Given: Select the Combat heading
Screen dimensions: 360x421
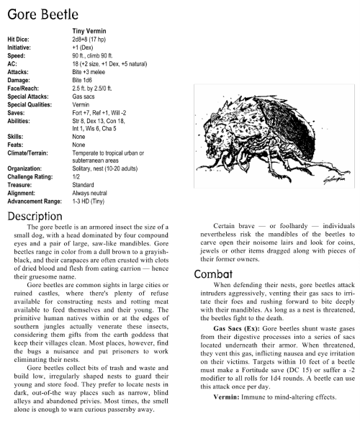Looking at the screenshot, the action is pyautogui.click(x=215, y=273).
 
